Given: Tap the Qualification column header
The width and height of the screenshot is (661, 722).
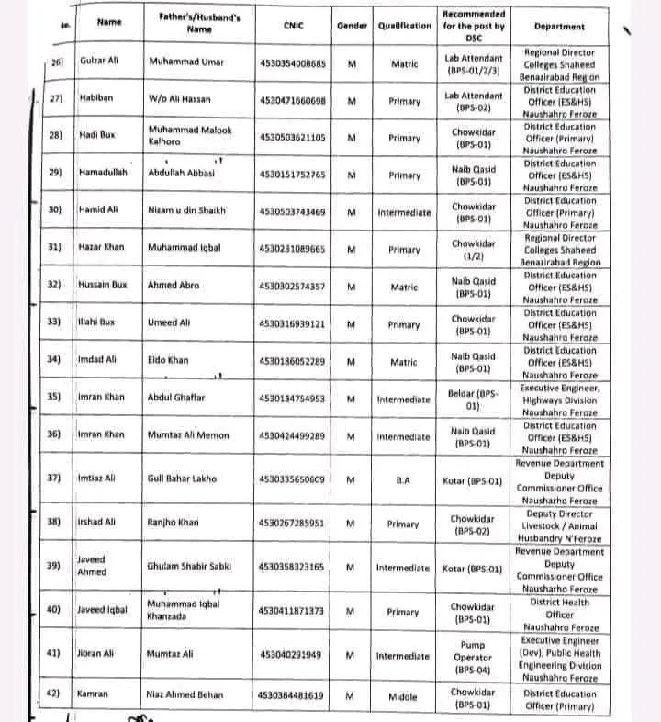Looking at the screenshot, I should pyautogui.click(x=404, y=26).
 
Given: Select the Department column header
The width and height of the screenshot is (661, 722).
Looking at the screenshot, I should pyautogui.click(x=560, y=26).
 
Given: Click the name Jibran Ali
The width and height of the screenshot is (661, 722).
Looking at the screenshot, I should pyautogui.click(x=98, y=655).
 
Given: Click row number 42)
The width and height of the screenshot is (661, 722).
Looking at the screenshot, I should pyautogui.click(x=55, y=695).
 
